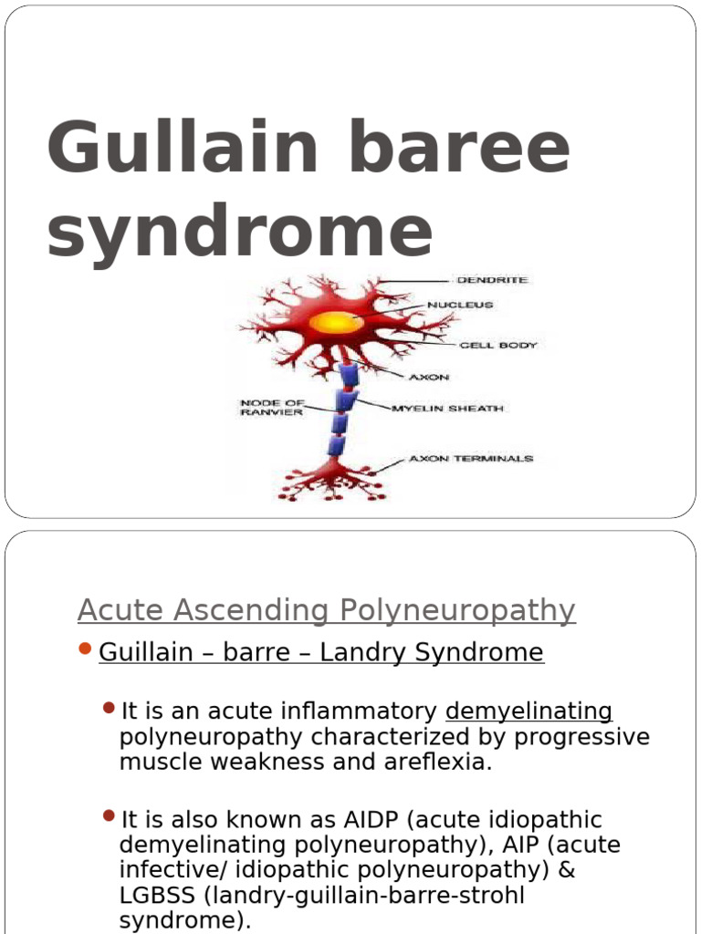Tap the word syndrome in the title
click(x=239, y=232)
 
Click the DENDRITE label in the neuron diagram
click(x=492, y=280)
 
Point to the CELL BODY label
click(x=497, y=346)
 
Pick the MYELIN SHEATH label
click(x=447, y=409)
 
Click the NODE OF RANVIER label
click(x=272, y=407)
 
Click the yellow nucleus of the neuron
click(x=337, y=322)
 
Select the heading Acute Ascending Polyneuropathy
click(x=326, y=610)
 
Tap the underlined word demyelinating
click(x=528, y=711)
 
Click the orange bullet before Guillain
click(x=85, y=649)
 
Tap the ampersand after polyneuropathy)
click(x=566, y=870)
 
